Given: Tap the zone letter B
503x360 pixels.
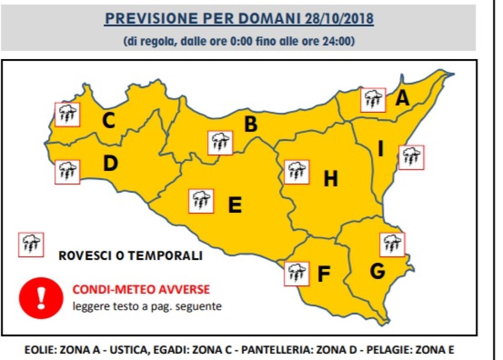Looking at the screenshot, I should point(251,124).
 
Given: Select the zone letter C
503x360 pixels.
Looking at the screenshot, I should point(109,121).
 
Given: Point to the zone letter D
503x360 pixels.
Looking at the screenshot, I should point(110,164).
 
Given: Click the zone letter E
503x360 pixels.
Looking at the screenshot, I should point(235,205).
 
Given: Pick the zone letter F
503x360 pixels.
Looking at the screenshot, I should point(324,274).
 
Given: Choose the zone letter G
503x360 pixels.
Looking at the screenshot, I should point(377,271).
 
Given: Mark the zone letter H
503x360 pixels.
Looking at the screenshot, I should point(330,179).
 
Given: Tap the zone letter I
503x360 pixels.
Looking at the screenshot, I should point(381,149).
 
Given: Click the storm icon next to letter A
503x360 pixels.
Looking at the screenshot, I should point(373,100).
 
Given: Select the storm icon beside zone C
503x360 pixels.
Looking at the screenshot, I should point(67,114).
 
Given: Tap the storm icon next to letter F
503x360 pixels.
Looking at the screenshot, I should point(296,274).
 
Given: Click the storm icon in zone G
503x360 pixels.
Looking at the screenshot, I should point(392,245).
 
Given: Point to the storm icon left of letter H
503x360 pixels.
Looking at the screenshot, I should point(296,172).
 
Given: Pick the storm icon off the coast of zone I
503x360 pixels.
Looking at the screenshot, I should point(411,158).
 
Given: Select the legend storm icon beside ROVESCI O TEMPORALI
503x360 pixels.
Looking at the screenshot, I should point(31,245).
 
